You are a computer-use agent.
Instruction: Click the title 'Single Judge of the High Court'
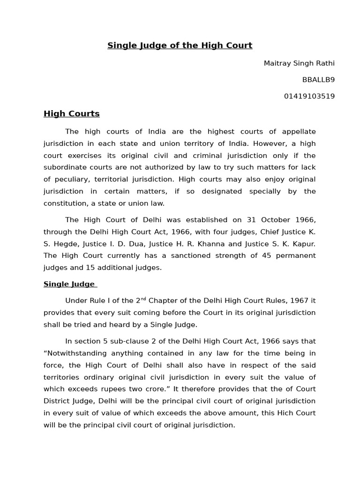click(180, 45)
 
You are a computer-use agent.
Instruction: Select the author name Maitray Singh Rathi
click(299, 63)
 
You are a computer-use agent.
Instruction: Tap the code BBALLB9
click(318, 80)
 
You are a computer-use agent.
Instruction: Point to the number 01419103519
click(309, 96)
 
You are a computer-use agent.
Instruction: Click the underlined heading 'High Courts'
click(71, 113)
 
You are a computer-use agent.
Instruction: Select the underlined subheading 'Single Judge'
click(69, 284)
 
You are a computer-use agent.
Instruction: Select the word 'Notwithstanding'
click(73, 353)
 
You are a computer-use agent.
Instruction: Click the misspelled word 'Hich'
click(281, 412)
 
